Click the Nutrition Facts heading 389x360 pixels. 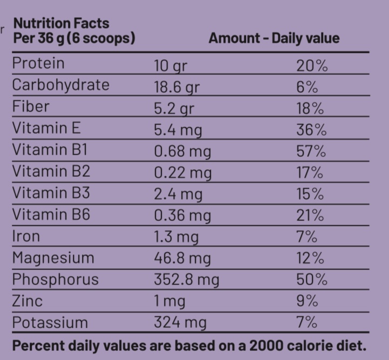click(60, 24)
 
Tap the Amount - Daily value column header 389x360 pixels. click(274, 39)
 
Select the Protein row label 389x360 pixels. click(38, 64)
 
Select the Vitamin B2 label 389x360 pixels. click(46, 172)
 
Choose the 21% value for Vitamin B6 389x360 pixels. click(310, 216)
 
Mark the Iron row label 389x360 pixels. click(26, 236)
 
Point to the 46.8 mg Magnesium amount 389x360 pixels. click(182, 259)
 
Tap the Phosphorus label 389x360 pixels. click(56, 280)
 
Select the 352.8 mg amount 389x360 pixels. click(186, 280)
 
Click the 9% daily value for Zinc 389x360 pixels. click(305, 301)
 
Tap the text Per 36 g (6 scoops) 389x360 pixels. click(74, 39)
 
